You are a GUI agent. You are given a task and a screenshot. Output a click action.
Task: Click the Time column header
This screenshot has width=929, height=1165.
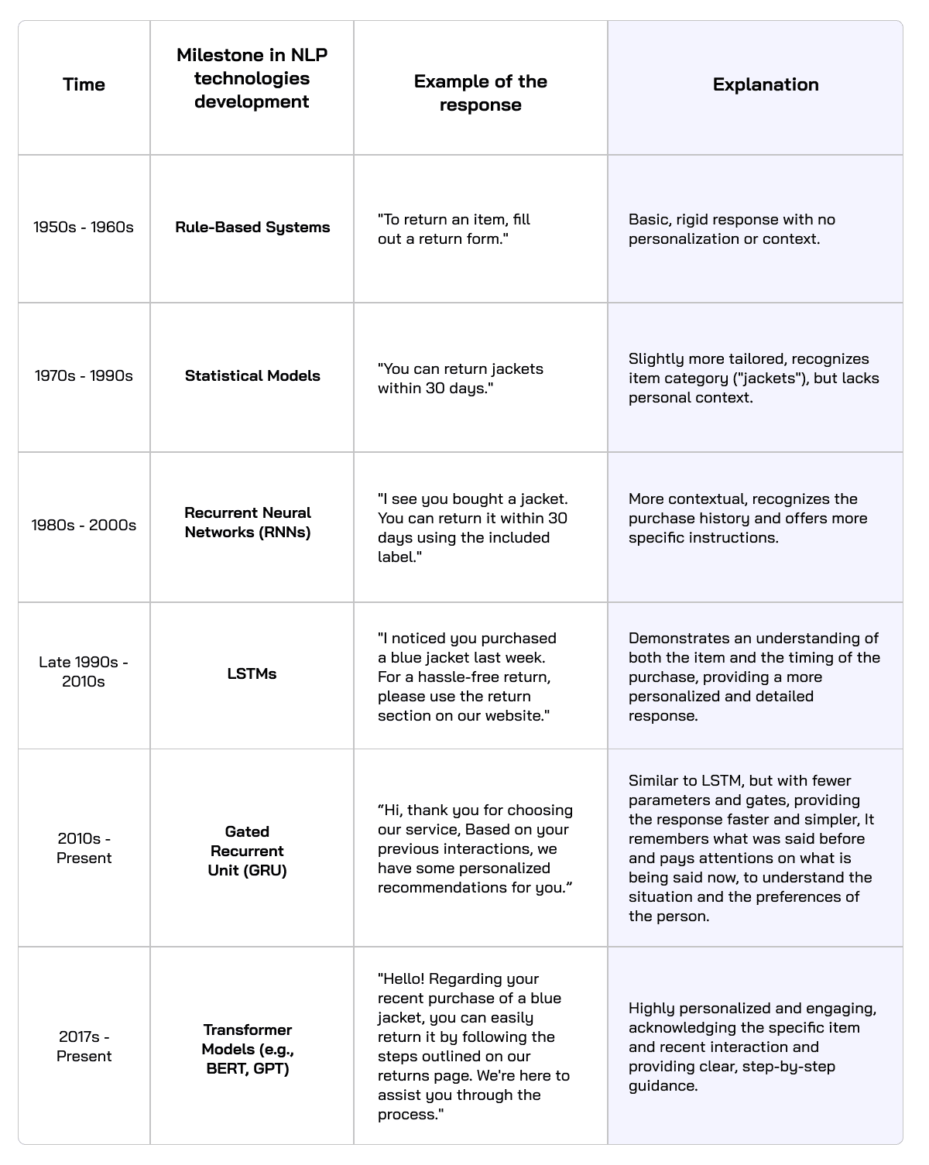[x=84, y=84]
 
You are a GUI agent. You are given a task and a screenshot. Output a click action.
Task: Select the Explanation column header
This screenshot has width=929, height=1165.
[x=766, y=84]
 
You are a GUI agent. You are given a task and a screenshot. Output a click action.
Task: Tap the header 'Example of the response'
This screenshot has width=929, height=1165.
[x=480, y=93]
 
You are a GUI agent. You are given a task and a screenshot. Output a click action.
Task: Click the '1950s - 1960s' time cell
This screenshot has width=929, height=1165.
[x=84, y=227]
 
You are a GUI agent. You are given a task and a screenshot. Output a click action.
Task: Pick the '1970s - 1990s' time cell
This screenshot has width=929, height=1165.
[x=84, y=375]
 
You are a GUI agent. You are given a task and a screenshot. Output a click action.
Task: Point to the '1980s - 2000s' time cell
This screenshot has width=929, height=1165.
[x=84, y=525]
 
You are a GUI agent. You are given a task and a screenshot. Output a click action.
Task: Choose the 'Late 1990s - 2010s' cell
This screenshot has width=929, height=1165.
[x=84, y=672]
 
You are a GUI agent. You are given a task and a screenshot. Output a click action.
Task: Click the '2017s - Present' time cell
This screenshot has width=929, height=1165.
[x=84, y=1046]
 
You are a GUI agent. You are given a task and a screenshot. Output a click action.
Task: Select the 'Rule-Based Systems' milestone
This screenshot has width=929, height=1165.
[x=252, y=227]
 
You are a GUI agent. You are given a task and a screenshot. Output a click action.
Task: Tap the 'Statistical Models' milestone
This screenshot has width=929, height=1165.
[x=252, y=375]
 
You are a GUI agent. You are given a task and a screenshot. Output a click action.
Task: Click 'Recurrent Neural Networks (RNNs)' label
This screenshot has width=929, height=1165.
[x=248, y=523]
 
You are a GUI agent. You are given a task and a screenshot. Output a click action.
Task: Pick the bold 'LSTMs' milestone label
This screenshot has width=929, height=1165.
[x=252, y=673]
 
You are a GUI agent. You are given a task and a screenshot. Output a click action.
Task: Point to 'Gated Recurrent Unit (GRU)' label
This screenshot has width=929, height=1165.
[x=247, y=851]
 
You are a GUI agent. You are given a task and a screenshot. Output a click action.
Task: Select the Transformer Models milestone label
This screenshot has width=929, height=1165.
[x=248, y=1049]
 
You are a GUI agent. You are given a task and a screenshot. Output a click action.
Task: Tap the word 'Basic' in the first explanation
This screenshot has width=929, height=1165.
[x=647, y=220]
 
